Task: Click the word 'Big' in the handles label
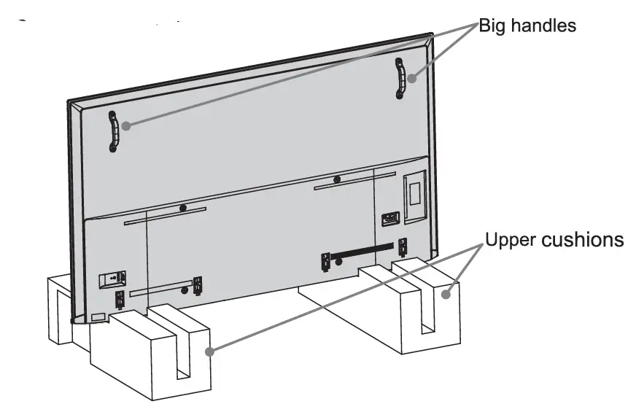(x=492, y=26)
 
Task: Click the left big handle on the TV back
(x=114, y=132)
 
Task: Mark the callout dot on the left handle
(x=125, y=125)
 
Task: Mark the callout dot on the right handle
(x=412, y=77)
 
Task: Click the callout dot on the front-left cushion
(x=210, y=352)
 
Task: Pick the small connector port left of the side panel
(x=389, y=217)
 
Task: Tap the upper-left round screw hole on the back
(x=182, y=208)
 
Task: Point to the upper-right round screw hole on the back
(x=336, y=179)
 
